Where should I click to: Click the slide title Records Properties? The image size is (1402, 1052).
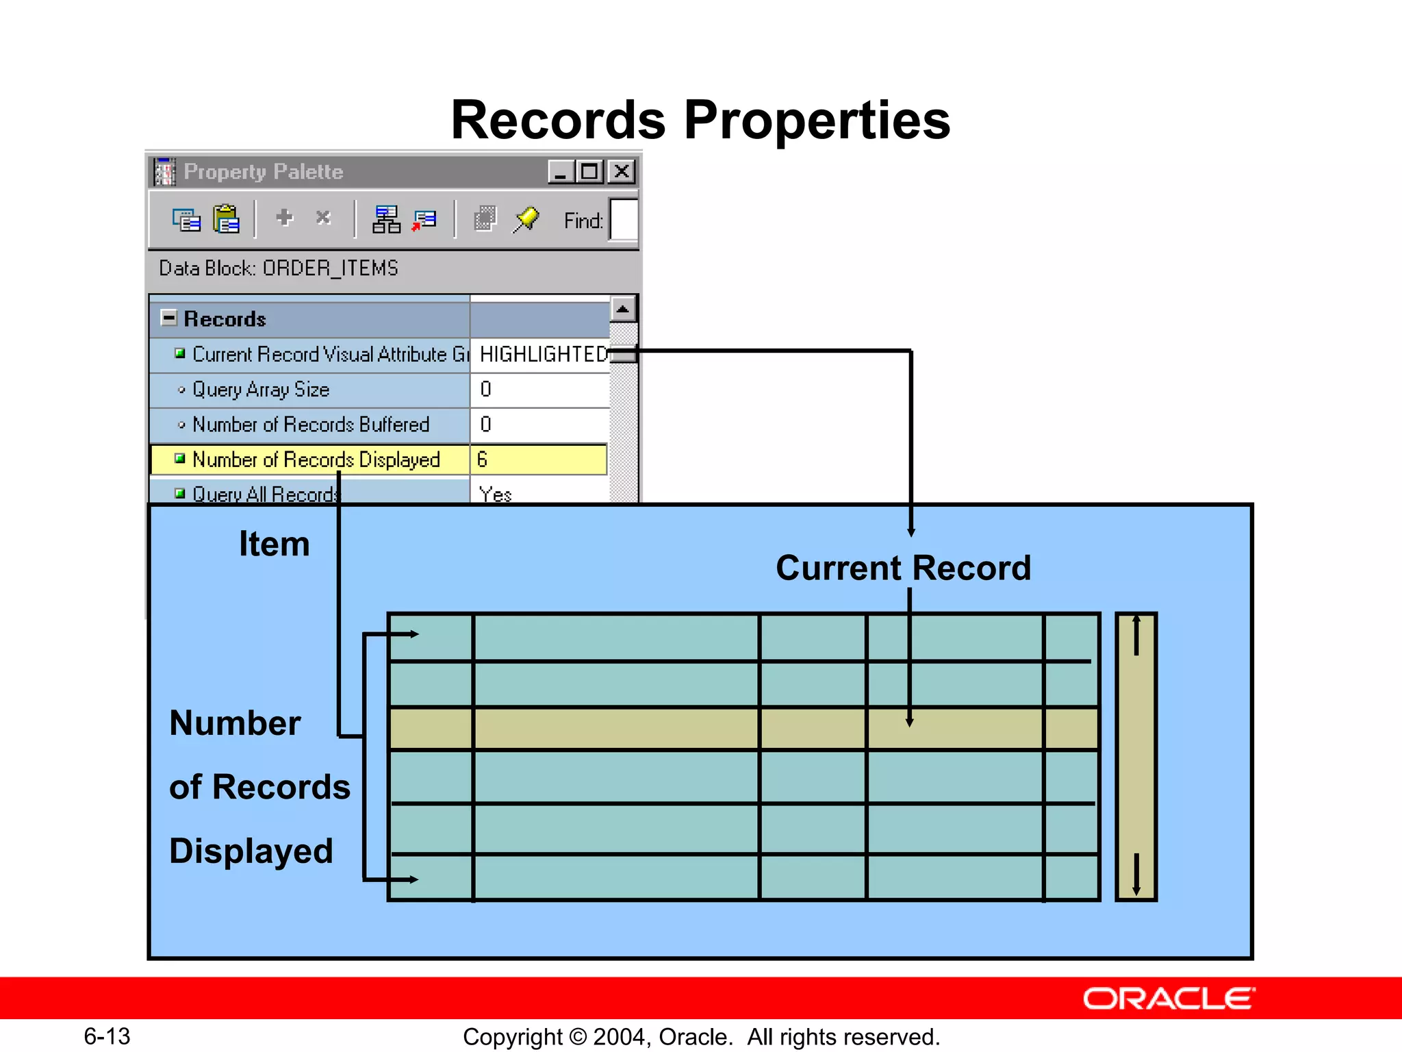[700, 120]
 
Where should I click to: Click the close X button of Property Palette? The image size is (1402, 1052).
[622, 171]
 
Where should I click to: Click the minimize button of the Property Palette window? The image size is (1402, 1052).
[561, 171]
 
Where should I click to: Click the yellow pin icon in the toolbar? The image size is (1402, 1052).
[526, 219]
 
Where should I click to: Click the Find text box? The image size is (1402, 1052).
[624, 221]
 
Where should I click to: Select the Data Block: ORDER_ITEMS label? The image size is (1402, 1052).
[279, 268]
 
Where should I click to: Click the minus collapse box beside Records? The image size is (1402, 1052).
[168, 318]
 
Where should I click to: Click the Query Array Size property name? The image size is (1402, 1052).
[261, 389]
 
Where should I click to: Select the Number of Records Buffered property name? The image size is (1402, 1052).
[311, 425]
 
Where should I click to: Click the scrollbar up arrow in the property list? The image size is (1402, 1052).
[622, 310]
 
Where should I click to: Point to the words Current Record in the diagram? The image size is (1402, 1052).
[903, 568]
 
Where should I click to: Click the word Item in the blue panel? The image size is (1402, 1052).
[274, 544]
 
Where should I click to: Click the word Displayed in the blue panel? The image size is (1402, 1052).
[251, 851]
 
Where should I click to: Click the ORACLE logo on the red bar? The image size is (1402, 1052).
[1168, 999]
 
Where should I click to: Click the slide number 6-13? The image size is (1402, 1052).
[107, 1036]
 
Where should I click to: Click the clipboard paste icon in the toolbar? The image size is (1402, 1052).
[226, 219]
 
